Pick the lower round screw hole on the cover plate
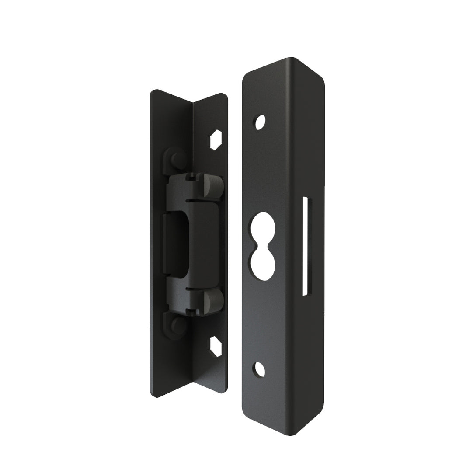(261, 370)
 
